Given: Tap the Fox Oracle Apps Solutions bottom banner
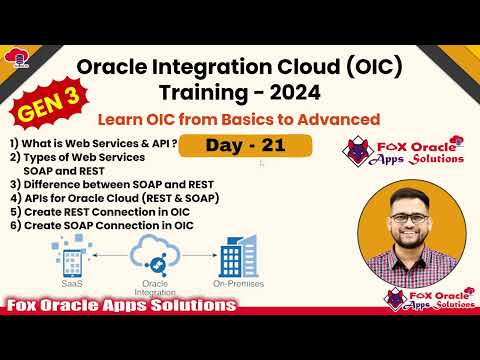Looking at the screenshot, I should [x=120, y=304].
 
